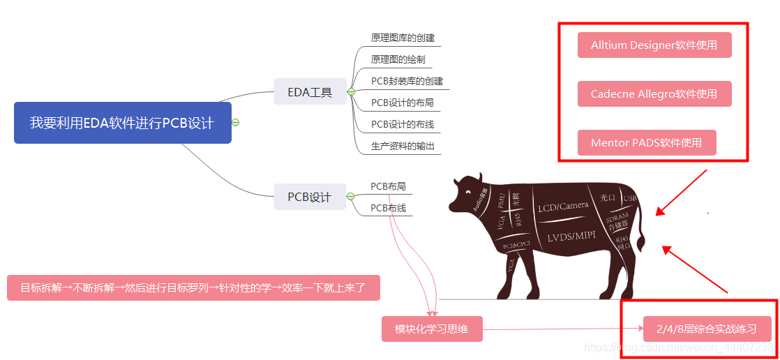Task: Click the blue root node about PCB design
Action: tap(122, 123)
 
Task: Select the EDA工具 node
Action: tap(310, 91)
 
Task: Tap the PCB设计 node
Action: tap(310, 197)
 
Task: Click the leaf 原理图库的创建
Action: tap(403, 38)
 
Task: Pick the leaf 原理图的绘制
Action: tap(398, 60)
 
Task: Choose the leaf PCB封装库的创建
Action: tap(407, 81)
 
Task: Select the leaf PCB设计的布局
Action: tap(403, 103)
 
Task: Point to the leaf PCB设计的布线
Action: tap(403, 124)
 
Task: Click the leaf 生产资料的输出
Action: tap(403, 146)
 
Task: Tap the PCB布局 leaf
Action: tap(388, 186)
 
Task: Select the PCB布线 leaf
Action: tap(388, 208)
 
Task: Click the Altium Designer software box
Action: tap(654, 45)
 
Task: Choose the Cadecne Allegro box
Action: tap(654, 94)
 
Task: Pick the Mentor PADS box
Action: tap(646, 143)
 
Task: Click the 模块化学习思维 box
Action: tap(431, 329)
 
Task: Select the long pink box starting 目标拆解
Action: tap(193, 287)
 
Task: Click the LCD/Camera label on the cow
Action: tap(563, 207)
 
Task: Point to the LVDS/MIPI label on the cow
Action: tap(571, 237)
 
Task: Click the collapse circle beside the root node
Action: tap(236, 122)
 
